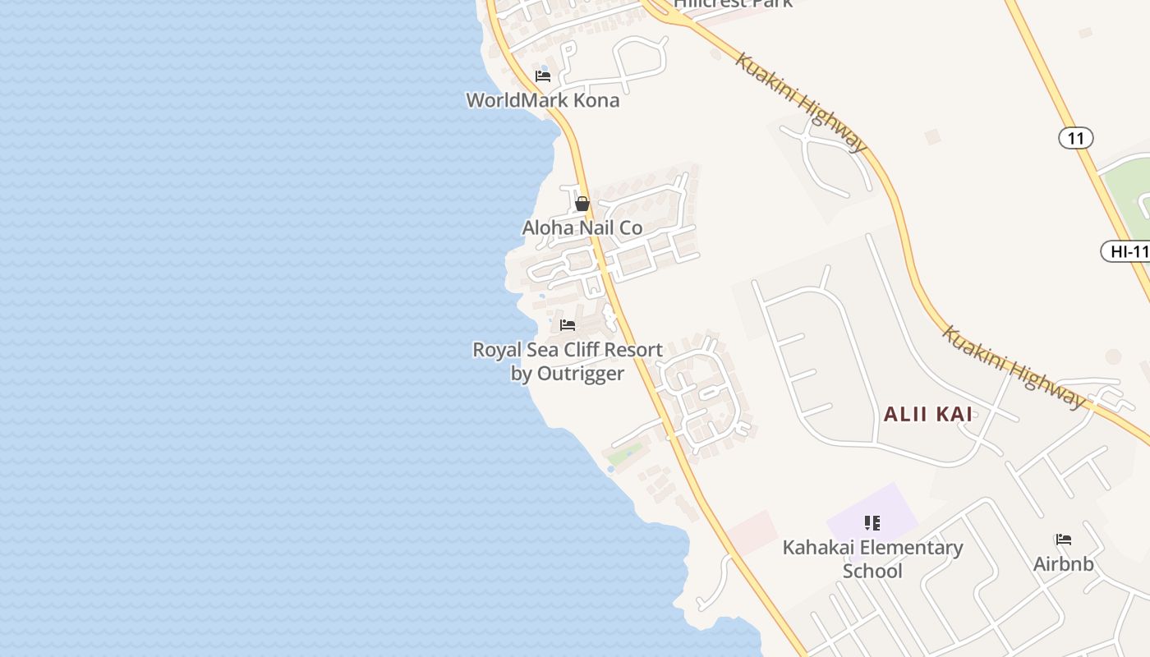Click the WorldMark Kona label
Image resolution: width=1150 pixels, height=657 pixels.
(542, 101)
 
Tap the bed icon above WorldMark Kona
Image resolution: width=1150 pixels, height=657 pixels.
(543, 76)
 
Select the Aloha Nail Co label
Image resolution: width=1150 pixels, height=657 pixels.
(582, 227)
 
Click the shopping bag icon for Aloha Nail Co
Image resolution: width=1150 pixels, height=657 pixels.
(582, 204)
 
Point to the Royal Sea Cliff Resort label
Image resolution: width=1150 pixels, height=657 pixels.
(567, 350)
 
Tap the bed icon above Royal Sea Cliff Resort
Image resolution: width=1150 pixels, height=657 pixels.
(568, 325)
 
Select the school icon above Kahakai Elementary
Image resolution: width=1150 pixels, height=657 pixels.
(872, 523)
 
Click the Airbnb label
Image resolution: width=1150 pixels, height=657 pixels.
(1063, 564)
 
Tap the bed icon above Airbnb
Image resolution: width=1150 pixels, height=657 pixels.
(1064, 540)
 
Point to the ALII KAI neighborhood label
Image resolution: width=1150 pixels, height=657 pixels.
(928, 414)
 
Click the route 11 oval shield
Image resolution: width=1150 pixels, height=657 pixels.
(1075, 138)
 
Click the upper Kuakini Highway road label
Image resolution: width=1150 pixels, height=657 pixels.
(801, 103)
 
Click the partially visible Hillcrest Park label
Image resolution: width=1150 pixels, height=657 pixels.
(733, 3)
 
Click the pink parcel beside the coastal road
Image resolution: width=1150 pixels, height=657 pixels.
(752, 532)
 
